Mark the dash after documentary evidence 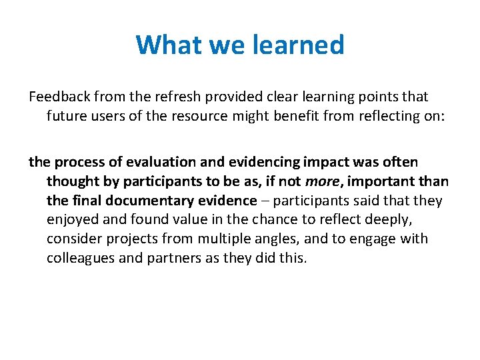click(265, 201)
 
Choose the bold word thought click(72, 181)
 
